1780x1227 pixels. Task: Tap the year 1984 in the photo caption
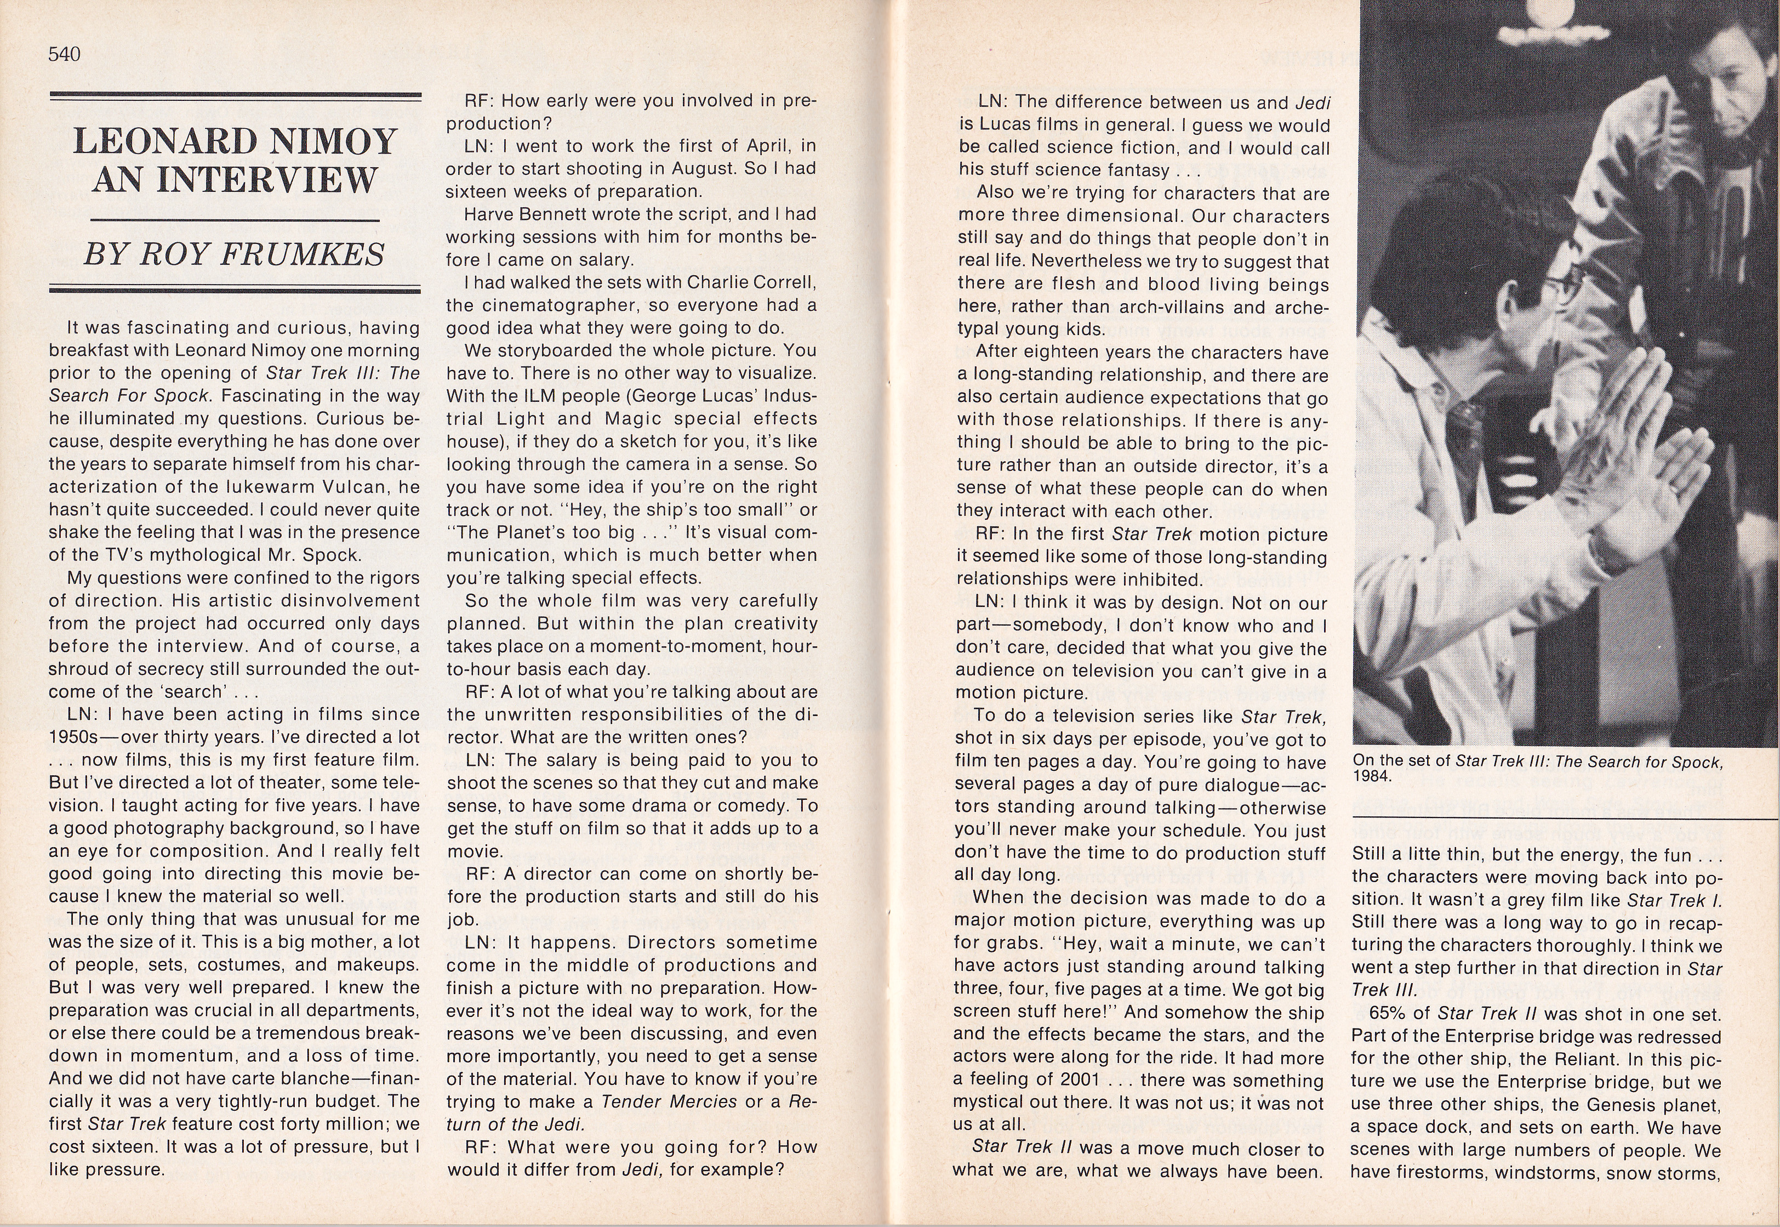(1373, 776)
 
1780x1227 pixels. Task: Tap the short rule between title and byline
(235, 221)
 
